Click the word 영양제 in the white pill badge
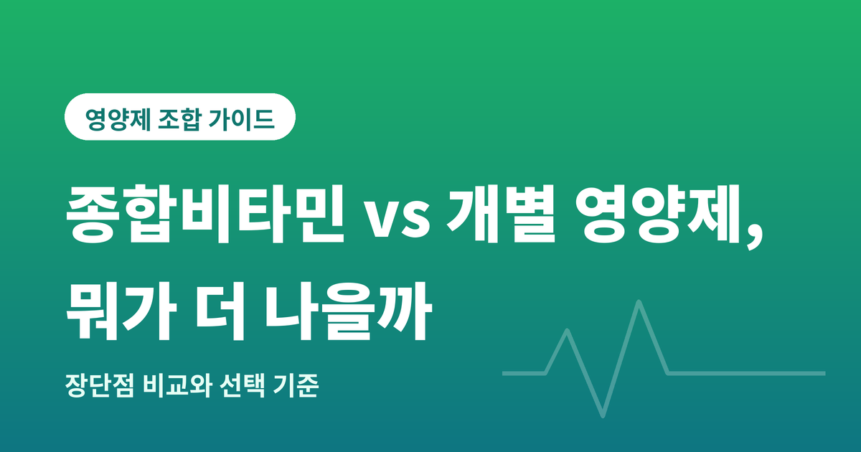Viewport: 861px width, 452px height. coord(118,119)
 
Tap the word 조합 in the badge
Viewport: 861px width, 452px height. coord(179,119)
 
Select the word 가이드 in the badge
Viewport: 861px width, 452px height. coord(242,119)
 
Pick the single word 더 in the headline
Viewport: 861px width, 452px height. coord(220,311)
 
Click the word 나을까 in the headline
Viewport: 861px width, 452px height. coord(348,311)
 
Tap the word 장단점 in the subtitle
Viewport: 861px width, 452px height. coord(100,385)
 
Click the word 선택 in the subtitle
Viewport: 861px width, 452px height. coord(243,385)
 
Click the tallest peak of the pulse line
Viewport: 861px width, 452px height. coord(639,302)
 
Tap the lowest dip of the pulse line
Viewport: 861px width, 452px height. coord(603,415)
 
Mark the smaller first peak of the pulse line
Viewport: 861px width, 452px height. coord(567,331)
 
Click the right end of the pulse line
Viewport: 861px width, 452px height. coord(824,373)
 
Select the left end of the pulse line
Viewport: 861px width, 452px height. coord(504,373)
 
